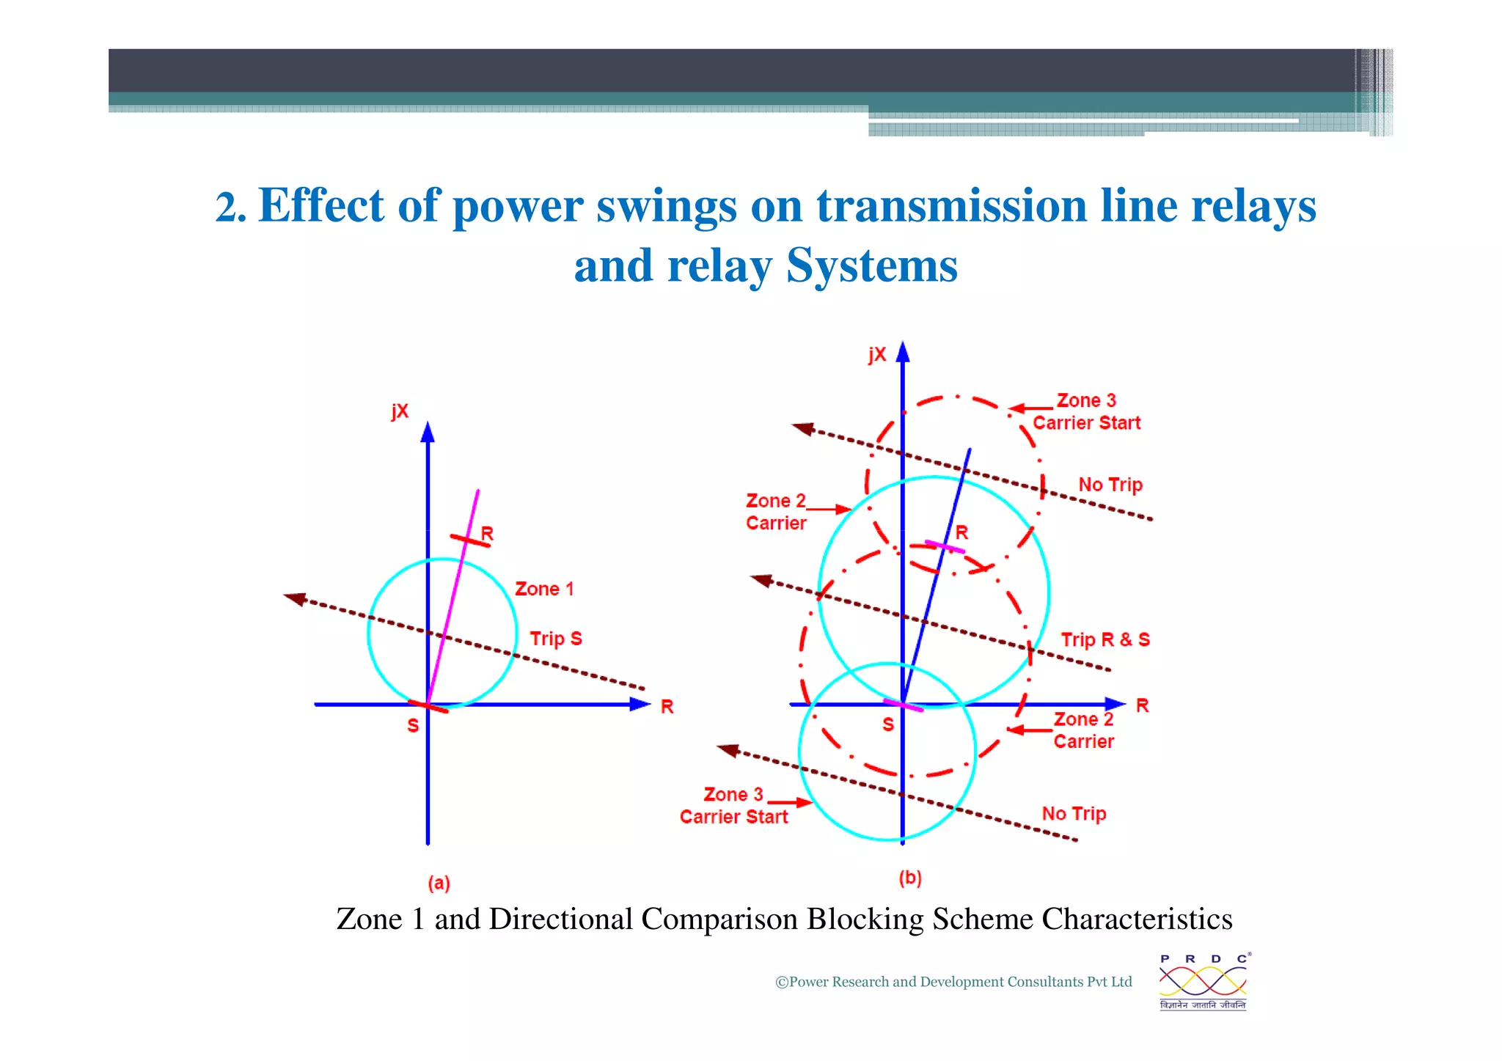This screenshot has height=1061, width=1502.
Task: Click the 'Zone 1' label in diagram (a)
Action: point(544,589)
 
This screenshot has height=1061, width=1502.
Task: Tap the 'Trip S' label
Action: point(556,639)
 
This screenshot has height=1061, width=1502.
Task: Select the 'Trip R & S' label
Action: point(1105,639)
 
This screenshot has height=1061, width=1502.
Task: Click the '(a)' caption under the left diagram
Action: point(439,883)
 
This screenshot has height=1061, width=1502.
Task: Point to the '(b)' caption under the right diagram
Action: point(910,878)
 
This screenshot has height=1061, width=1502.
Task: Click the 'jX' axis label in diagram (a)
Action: point(400,411)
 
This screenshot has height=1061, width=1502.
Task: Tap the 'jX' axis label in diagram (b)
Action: point(877,355)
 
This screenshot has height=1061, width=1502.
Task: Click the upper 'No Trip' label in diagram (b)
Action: point(1110,485)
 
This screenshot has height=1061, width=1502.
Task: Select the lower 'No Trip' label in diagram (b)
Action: point(1074,814)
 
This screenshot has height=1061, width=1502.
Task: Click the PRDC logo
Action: point(1203,981)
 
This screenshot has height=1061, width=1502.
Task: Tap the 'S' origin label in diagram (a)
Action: point(413,725)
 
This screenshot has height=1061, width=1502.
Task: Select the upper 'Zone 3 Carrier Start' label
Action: point(1086,411)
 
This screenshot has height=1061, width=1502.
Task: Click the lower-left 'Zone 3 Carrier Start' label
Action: point(733,806)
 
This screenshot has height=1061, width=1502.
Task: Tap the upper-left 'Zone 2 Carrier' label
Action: point(776,512)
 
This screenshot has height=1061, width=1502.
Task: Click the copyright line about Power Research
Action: point(953,982)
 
